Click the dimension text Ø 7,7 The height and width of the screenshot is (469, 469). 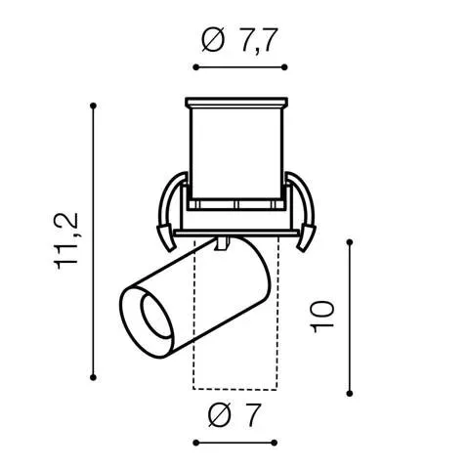239,40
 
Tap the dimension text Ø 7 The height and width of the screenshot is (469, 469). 234,415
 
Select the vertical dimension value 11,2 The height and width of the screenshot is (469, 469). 66,241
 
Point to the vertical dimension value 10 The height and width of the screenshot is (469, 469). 322,317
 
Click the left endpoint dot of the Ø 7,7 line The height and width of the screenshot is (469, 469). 195,67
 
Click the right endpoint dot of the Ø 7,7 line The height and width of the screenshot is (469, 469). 284,67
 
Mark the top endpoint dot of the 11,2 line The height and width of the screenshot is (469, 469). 94,106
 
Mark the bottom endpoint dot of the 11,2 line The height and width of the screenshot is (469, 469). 93,377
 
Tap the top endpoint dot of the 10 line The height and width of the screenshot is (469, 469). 350,242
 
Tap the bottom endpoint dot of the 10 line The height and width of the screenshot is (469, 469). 350,394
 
